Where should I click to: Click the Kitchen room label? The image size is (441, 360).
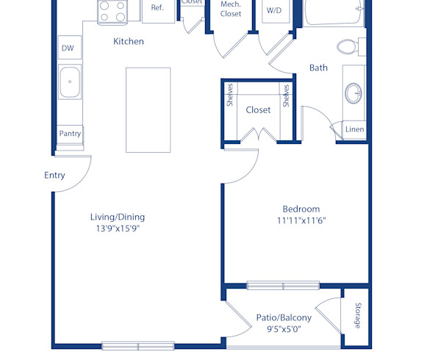pyautogui.click(x=128, y=42)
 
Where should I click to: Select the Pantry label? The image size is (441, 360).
pyautogui.click(x=71, y=134)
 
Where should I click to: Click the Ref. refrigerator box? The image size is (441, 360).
pyautogui.click(x=157, y=8)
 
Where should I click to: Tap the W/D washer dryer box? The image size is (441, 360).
pyautogui.click(x=273, y=11)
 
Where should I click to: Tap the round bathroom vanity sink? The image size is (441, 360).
pyautogui.click(x=354, y=93)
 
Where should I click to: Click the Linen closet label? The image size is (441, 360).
pyautogui.click(x=354, y=130)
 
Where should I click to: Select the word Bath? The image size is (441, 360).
pyautogui.click(x=318, y=68)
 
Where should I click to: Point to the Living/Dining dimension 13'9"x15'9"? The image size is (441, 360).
pyautogui.click(x=118, y=228)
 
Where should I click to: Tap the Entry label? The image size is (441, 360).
pyautogui.click(x=54, y=176)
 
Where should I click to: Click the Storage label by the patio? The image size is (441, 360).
pyautogui.click(x=358, y=315)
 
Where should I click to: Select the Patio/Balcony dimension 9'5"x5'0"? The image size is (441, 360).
pyautogui.click(x=284, y=329)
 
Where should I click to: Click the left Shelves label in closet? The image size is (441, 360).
pyautogui.click(x=230, y=95)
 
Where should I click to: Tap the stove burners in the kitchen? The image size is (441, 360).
pyautogui.click(x=113, y=10)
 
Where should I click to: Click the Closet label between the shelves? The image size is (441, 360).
pyautogui.click(x=258, y=109)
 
